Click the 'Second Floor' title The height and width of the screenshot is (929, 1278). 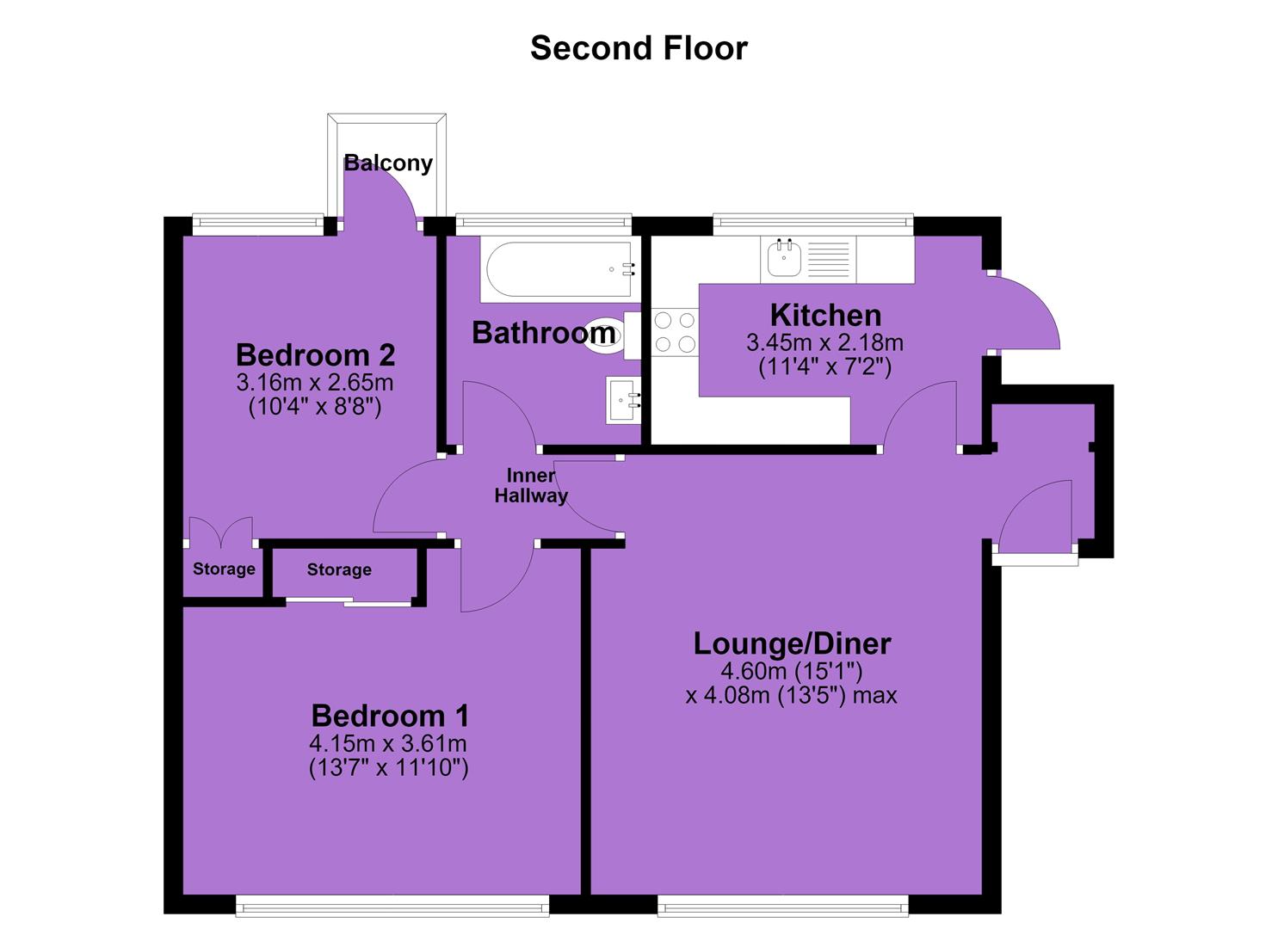[x=639, y=48]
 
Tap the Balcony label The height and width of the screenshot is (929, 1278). [x=388, y=163]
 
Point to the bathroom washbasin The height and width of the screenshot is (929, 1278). [x=623, y=400]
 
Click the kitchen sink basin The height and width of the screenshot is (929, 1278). [x=784, y=258]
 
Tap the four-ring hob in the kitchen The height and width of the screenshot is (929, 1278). [x=675, y=332]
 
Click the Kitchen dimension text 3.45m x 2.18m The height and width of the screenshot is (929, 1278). [x=824, y=342]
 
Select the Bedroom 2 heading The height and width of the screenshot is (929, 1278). [x=316, y=354]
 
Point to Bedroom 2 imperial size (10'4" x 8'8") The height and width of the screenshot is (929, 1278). [x=315, y=407]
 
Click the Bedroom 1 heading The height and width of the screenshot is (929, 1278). [x=390, y=716]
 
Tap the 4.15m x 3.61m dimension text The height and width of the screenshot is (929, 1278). [x=388, y=744]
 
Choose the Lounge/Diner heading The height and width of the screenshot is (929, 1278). [x=792, y=644]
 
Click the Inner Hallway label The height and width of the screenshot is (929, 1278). [x=531, y=485]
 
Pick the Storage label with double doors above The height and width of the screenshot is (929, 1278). [x=225, y=569]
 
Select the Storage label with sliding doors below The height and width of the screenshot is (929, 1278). [x=339, y=569]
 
